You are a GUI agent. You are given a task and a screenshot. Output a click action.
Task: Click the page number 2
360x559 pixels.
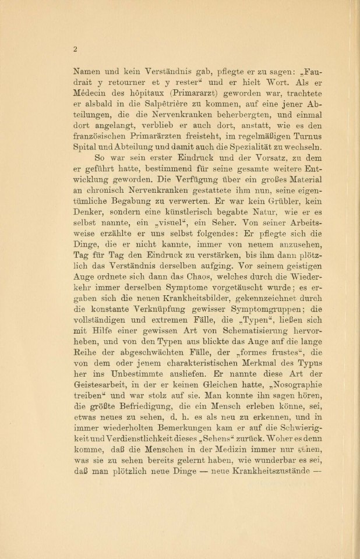pos(75,49)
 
